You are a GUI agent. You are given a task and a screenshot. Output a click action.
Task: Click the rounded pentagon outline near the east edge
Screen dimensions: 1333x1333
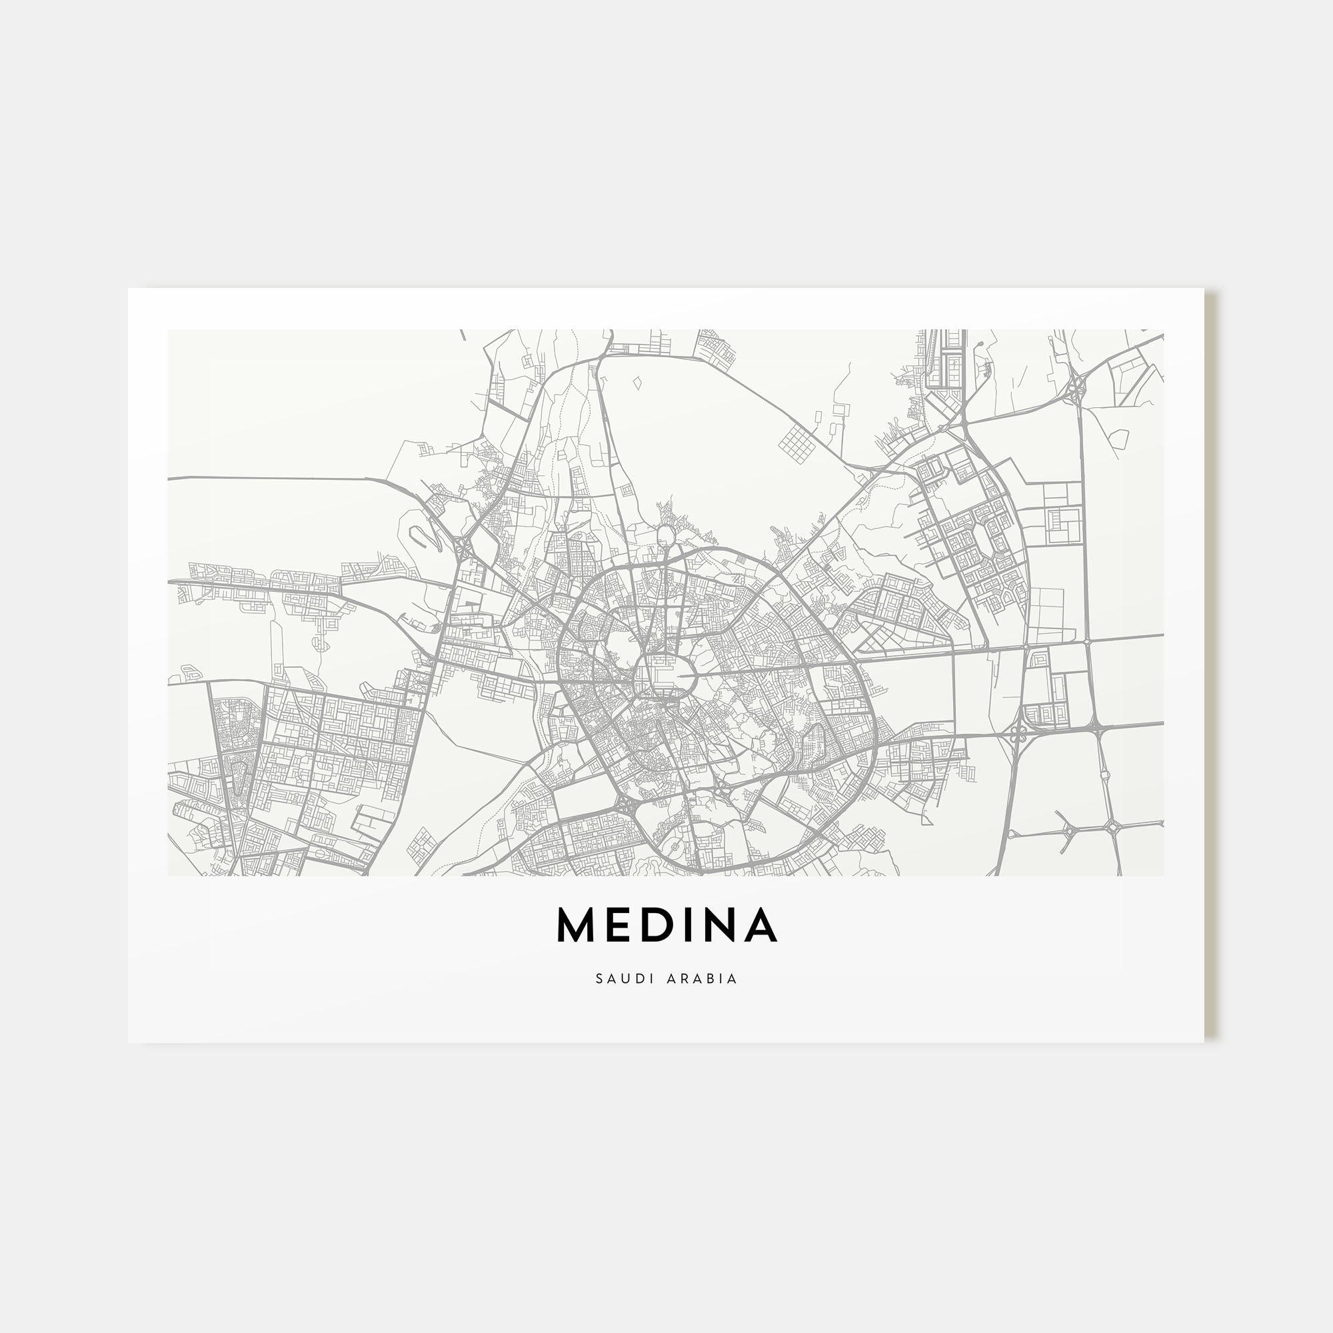click(1120, 437)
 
